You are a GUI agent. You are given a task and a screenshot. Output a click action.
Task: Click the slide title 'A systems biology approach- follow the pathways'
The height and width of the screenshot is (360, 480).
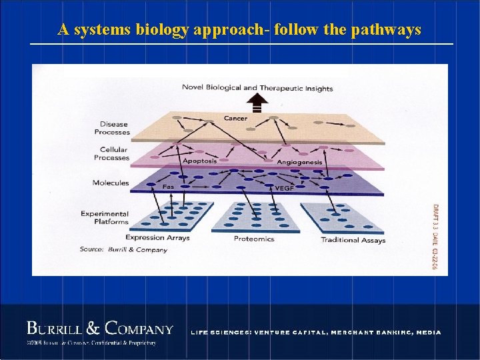pos(239,30)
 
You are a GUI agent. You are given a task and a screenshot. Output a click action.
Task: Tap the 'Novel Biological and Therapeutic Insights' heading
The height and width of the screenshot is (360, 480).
pos(257,88)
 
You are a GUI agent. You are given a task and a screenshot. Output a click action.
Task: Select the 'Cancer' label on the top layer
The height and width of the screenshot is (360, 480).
pos(235,119)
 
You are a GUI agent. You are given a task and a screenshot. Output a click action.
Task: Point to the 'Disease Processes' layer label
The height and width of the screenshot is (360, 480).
pos(113,128)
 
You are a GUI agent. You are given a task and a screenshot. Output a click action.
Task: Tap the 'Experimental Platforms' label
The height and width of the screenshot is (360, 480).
pos(105,217)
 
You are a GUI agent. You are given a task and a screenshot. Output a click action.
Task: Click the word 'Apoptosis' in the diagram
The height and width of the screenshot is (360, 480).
pos(199,161)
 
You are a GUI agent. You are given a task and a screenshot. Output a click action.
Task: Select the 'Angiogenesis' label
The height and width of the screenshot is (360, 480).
pos(299,162)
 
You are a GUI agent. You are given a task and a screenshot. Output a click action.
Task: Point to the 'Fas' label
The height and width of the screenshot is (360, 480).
pos(169,187)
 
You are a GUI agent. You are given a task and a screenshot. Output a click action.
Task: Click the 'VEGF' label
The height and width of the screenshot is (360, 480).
pos(283,188)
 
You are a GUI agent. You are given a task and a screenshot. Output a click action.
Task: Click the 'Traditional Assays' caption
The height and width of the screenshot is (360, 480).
pos(353,240)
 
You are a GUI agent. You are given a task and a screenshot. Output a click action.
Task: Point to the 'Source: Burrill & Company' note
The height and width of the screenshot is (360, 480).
pos(123,250)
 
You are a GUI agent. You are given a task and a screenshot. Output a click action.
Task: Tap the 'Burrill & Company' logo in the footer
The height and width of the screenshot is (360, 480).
pos(100,329)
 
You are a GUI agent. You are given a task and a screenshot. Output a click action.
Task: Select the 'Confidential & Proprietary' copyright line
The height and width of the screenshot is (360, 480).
pos(91,343)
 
